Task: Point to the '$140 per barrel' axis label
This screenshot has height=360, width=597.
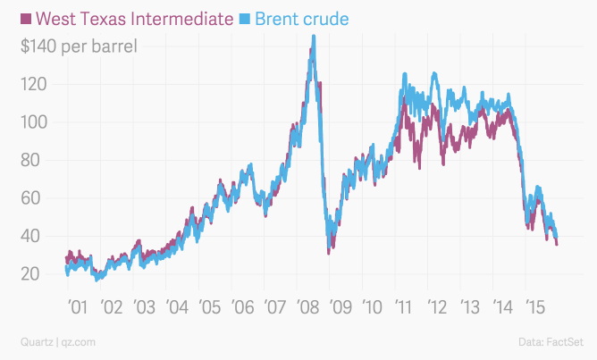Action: click(79, 46)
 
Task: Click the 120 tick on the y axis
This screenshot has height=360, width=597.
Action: click(35, 84)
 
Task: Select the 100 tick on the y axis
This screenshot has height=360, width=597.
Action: click(35, 122)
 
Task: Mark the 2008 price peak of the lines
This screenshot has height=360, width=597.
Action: click(313, 38)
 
